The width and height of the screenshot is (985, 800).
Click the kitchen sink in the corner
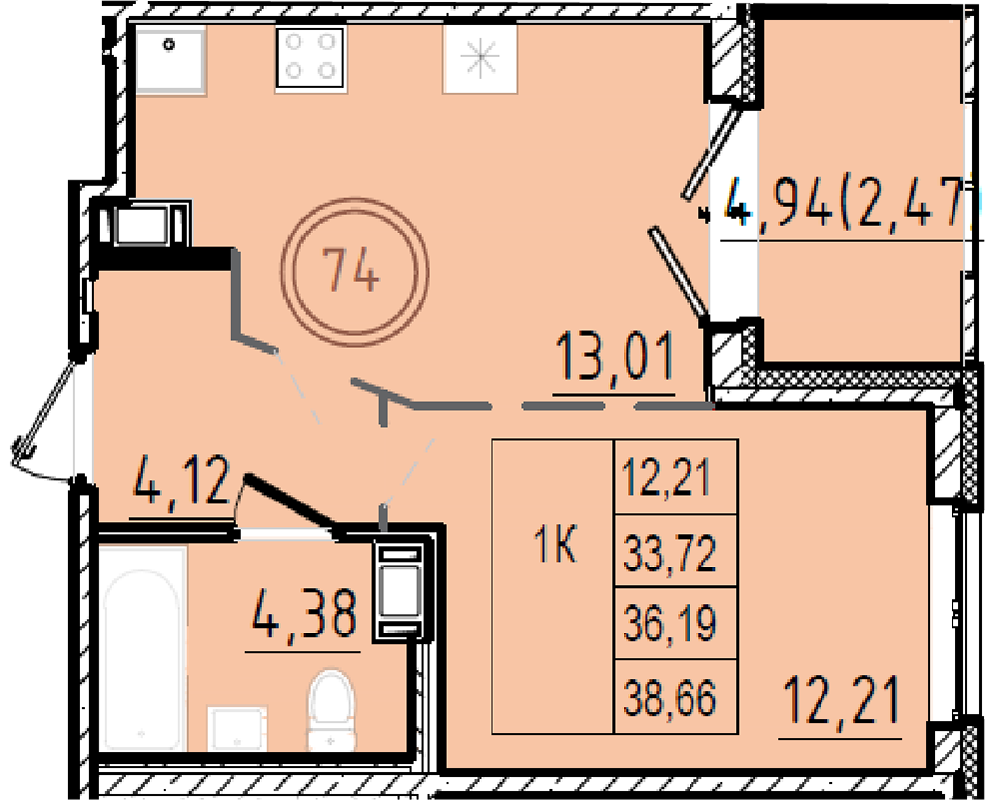pyautogui.click(x=170, y=61)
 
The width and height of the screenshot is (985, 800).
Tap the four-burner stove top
pyautogui.click(x=309, y=58)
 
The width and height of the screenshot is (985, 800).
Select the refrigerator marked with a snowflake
pyautogui.click(x=480, y=57)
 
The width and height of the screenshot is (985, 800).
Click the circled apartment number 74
pyautogui.click(x=355, y=272)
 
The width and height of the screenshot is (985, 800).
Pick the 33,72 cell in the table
pyautogui.click(x=676, y=551)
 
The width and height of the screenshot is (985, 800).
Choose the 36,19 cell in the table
pyautogui.click(x=676, y=624)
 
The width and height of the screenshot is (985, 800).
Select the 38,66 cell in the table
pyautogui.click(x=676, y=697)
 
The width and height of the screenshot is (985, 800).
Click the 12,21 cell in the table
pyautogui.click(x=676, y=478)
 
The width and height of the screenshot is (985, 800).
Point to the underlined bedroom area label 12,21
pyautogui.click(x=842, y=699)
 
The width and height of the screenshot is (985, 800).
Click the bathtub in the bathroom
pyautogui.click(x=143, y=648)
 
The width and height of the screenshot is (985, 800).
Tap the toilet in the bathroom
pyautogui.click(x=331, y=710)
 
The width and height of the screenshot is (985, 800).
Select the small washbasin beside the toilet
pyautogui.click(x=236, y=729)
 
